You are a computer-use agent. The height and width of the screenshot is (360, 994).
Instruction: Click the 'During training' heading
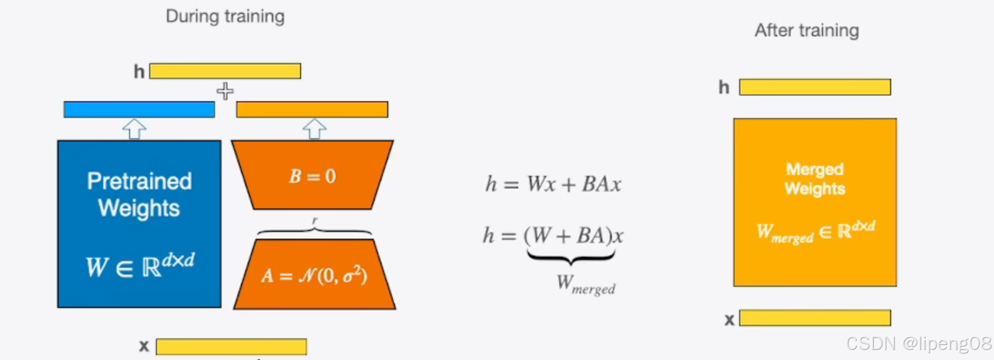tap(225, 16)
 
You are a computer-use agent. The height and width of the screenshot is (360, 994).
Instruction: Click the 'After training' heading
tap(806, 30)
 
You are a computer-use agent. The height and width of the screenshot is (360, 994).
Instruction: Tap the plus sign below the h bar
tap(225, 91)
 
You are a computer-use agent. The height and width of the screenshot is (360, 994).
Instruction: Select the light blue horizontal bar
tap(139, 110)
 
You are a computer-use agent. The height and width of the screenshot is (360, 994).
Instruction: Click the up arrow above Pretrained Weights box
tap(134, 129)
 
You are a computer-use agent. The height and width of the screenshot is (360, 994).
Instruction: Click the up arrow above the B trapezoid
tap(314, 129)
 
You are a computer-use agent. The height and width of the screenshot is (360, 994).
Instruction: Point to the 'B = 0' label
tap(312, 177)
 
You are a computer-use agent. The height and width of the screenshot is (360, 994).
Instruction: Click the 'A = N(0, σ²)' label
tap(314, 276)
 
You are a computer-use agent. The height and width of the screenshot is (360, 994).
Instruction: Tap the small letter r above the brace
tap(315, 221)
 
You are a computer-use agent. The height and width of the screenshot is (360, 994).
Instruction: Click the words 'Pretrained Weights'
tap(139, 195)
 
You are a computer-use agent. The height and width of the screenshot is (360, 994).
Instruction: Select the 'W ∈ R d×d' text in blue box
tap(140, 266)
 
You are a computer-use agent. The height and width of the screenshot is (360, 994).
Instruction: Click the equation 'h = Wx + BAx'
tap(553, 184)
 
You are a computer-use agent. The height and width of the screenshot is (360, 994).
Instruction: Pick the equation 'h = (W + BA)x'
tap(553, 235)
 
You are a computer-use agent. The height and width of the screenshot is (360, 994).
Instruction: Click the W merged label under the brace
tap(586, 285)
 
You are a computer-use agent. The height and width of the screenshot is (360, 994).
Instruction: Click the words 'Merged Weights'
tap(815, 179)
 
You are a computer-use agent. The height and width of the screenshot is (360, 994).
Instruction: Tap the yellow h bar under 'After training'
tap(815, 87)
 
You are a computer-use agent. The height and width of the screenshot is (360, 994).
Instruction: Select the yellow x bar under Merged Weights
tap(815, 318)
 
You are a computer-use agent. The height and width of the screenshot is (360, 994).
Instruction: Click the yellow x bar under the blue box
tap(231, 347)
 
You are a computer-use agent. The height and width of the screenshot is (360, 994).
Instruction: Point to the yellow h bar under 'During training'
tap(225, 71)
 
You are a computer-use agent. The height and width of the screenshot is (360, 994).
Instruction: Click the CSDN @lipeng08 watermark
tap(919, 343)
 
